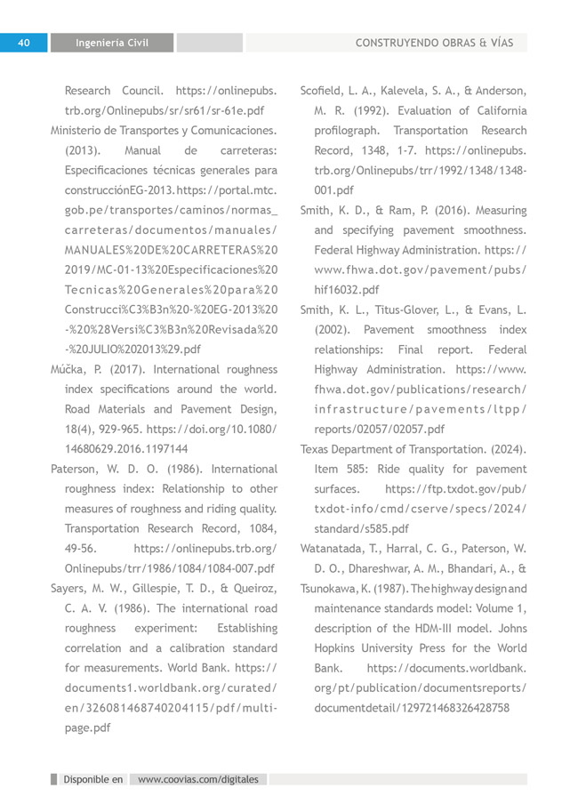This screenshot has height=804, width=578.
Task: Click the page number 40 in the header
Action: click(25, 42)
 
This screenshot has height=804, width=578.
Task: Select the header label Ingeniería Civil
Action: click(111, 43)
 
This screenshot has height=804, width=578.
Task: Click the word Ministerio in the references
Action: click(78, 129)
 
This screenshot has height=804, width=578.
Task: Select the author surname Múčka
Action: click(69, 369)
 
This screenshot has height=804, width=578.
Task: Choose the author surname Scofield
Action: click(325, 90)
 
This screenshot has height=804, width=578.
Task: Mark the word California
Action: click(496, 110)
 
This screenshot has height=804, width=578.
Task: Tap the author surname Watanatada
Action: click(339, 548)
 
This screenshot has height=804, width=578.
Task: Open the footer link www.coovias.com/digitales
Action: click(198, 779)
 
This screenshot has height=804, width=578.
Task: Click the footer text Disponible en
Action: click(92, 779)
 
